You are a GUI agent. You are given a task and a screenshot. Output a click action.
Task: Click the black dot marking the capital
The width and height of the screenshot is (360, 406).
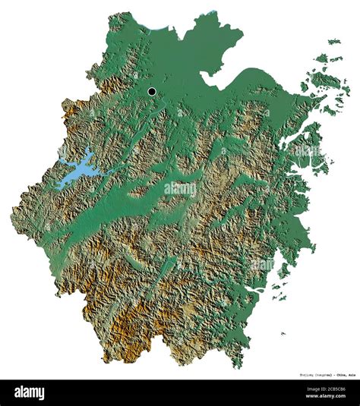(152, 92)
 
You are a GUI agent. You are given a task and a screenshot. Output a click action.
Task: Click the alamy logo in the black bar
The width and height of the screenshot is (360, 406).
(27, 392)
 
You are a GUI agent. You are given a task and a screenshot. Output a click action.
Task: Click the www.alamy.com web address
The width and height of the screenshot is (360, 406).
(321, 398)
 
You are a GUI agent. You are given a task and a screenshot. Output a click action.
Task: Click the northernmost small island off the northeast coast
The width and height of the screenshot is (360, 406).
(334, 42)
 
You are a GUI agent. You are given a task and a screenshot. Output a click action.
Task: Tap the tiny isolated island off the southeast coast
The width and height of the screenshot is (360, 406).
(283, 332)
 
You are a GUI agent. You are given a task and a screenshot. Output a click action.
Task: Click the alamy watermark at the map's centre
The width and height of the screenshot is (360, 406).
(180, 188)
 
